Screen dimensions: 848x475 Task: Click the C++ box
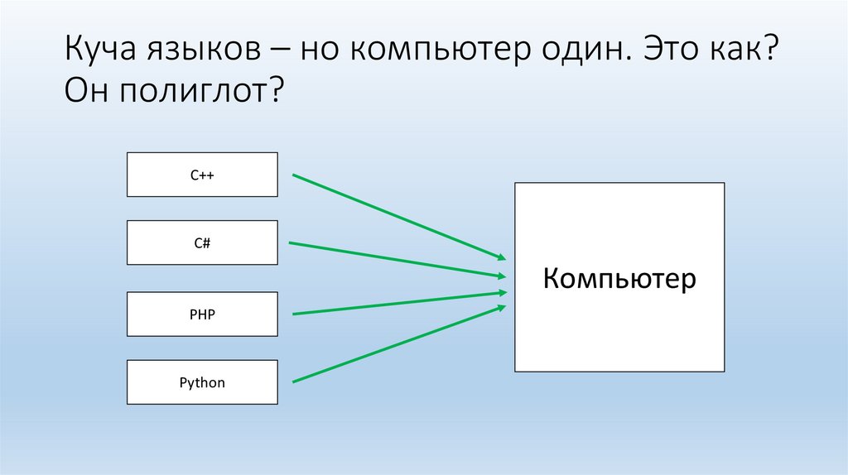[202, 175]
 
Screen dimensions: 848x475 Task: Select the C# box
[202, 242]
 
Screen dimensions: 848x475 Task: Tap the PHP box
[202, 314]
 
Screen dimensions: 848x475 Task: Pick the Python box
[202, 382]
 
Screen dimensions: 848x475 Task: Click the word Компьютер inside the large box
[619, 278]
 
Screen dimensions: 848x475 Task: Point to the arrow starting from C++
[397, 216]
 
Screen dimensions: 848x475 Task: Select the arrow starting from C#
[397, 259]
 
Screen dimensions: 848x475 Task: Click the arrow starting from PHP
[397, 303]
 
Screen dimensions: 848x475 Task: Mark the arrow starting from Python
[397, 343]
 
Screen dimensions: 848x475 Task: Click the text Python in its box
[202, 383]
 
